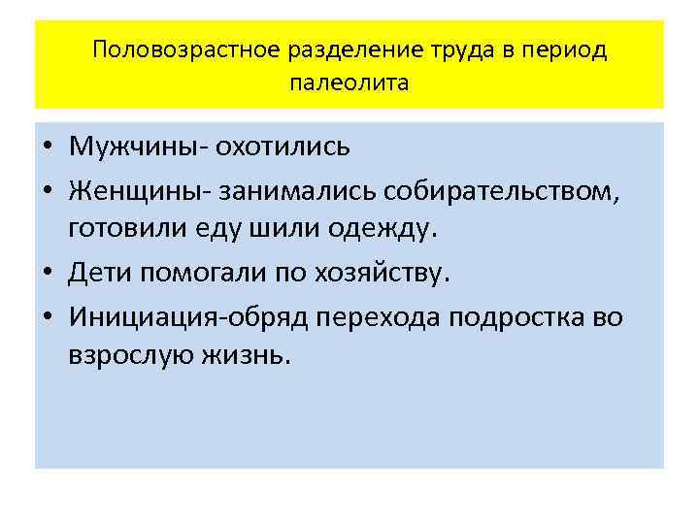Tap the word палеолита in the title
(349, 82)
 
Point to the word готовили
(121, 231)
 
